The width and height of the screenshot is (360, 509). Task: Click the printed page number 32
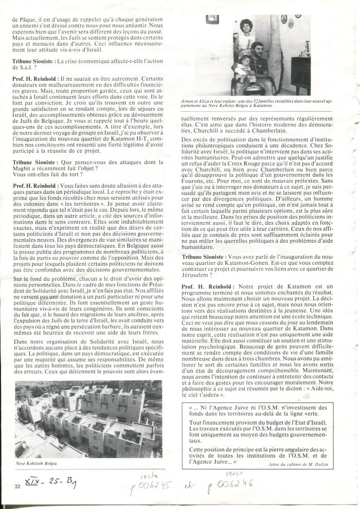pyautogui.click(x=17, y=486)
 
